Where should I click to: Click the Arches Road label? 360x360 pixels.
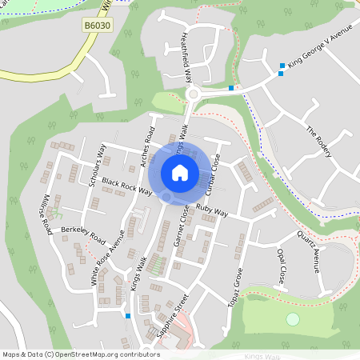click(x=149, y=146)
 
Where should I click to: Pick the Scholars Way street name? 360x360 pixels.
click(x=96, y=164)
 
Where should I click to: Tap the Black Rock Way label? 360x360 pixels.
click(x=127, y=185)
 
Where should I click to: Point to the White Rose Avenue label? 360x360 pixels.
click(x=107, y=258)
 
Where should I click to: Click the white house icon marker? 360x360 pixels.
click(x=180, y=173)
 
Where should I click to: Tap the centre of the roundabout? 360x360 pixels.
click(x=193, y=94)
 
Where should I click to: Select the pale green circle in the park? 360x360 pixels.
click(x=293, y=319)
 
